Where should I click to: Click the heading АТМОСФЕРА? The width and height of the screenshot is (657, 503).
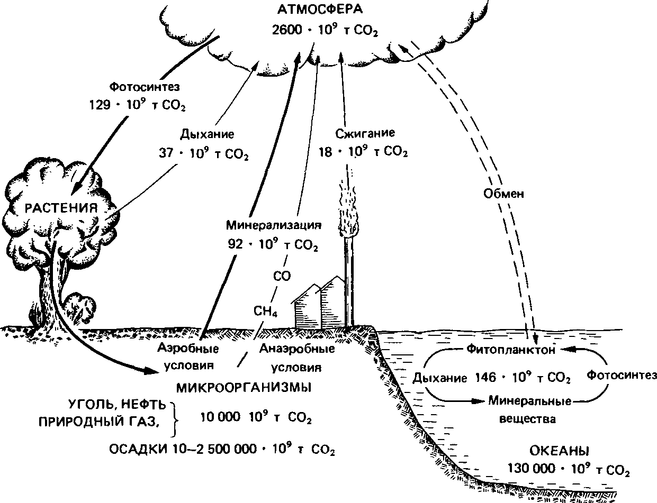click(x=320, y=10)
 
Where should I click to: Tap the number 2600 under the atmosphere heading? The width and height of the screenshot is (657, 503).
click(x=287, y=30)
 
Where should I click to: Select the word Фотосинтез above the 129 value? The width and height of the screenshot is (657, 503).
click(x=145, y=87)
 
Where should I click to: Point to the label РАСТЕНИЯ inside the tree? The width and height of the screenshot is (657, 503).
click(x=61, y=208)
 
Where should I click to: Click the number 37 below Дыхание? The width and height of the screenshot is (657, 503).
click(x=166, y=153)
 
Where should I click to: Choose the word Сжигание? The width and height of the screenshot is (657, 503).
click(x=365, y=133)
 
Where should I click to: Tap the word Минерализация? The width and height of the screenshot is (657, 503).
click(x=274, y=225)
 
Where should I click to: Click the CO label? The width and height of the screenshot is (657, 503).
click(x=282, y=276)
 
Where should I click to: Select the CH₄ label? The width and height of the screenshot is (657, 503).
click(x=265, y=311)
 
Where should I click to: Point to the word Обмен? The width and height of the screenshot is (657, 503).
click(x=503, y=194)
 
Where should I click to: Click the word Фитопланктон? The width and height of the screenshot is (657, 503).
click(x=511, y=349)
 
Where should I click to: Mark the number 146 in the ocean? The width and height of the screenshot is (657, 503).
click(x=485, y=378)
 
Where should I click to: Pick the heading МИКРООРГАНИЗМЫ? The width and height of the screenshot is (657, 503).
click(x=244, y=388)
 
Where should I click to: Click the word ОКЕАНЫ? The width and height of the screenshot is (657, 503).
click(x=560, y=451)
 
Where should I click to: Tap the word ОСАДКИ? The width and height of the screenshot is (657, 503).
click(x=138, y=450)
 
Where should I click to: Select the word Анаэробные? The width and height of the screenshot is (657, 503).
click(x=297, y=349)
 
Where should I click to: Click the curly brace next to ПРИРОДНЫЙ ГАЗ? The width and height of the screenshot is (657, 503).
click(x=174, y=419)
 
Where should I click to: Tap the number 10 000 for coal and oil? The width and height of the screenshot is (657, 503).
click(x=220, y=417)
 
